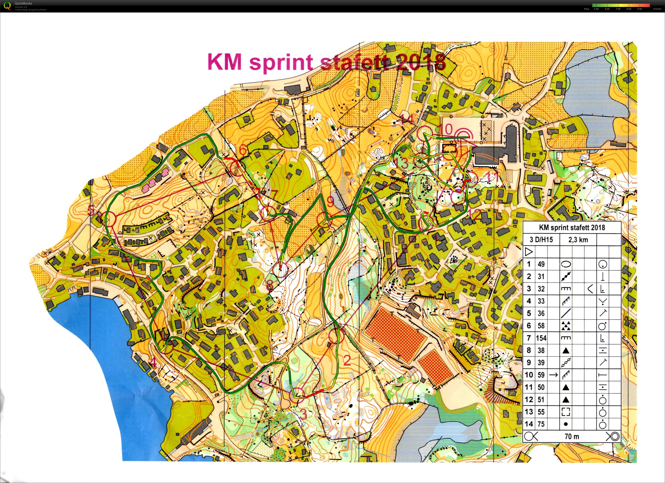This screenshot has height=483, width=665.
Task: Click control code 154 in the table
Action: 541,338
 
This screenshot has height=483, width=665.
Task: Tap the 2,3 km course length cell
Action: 578,240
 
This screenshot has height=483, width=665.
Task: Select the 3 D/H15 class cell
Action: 541,240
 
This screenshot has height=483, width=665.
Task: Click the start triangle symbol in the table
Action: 529,252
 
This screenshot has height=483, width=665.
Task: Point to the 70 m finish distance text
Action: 572,436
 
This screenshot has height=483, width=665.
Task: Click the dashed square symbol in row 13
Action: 566,412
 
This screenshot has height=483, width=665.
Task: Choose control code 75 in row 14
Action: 541,424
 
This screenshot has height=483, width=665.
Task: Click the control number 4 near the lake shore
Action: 153,363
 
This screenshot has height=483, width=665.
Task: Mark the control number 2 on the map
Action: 347,360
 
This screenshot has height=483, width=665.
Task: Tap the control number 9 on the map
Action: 330,201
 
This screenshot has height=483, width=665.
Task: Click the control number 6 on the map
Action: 242,150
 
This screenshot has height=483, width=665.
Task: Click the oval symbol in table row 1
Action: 566,264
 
